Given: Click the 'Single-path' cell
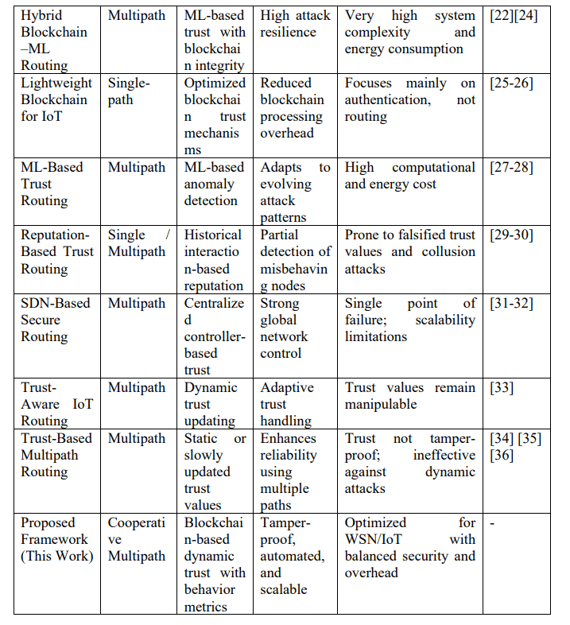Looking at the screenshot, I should (130, 91).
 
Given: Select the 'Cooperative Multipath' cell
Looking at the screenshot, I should (136, 539).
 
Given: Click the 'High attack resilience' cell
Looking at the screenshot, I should (294, 24).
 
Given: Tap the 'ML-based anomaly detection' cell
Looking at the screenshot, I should (214, 184).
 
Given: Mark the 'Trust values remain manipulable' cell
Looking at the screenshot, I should (409, 395).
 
